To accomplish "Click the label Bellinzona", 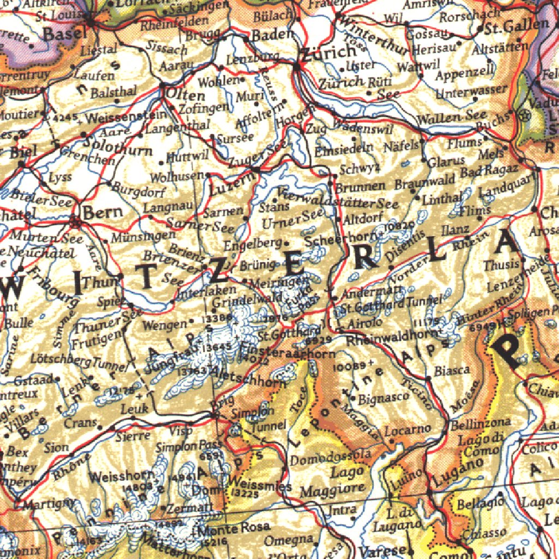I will [480, 423].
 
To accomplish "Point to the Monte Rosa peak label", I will [235, 527].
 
